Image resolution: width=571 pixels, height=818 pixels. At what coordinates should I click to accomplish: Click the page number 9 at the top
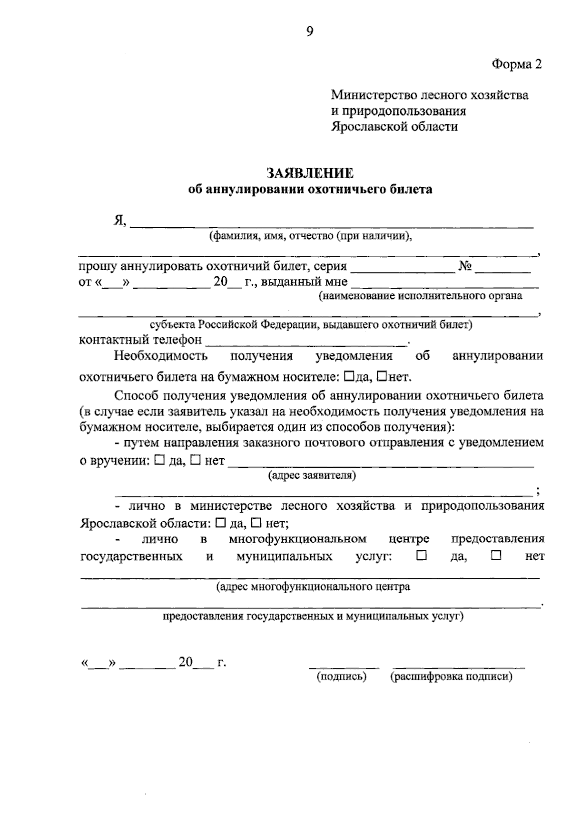(310, 31)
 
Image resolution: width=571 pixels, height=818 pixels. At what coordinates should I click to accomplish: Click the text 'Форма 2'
(516, 64)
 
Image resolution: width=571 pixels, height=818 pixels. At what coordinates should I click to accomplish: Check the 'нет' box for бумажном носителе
(382, 376)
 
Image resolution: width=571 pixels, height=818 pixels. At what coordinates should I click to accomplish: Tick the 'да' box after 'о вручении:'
(159, 460)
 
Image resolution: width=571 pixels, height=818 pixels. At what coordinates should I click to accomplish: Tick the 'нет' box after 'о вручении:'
(195, 460)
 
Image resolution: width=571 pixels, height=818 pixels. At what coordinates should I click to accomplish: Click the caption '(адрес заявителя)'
(312, 475)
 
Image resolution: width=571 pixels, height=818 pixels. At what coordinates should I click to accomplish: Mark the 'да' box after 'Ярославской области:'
(220, 523)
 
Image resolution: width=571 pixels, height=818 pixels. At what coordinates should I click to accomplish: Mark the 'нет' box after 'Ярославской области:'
(256, 523)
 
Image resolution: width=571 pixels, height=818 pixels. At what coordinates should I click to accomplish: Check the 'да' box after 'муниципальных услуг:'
(421, 555)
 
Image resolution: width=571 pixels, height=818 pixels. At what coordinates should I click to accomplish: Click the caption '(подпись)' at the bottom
(342, 677)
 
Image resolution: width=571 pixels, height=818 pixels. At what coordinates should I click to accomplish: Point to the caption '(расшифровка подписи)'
(451, 677)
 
